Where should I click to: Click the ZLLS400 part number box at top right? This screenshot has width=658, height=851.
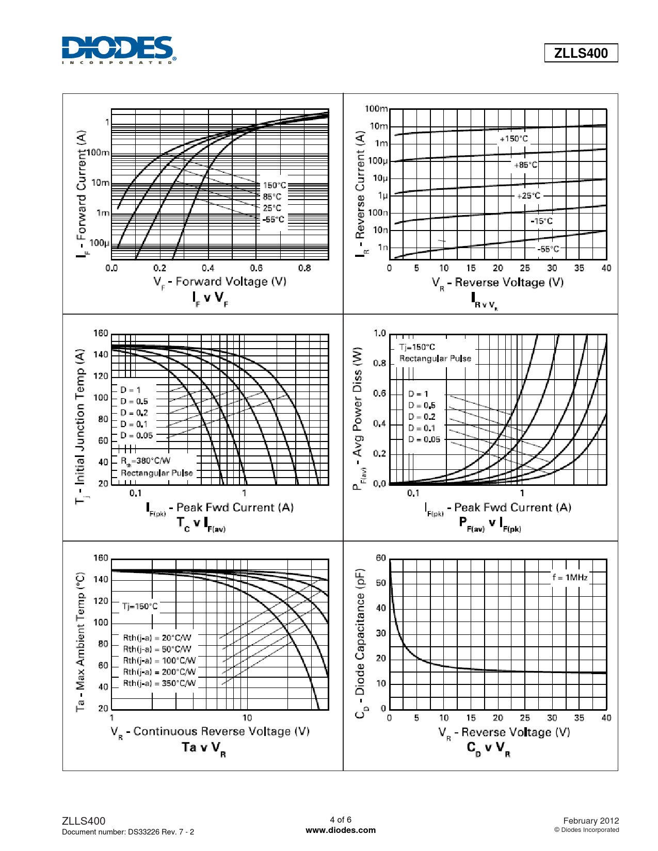(581, 53)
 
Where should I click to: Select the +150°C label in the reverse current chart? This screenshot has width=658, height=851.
(513, 139)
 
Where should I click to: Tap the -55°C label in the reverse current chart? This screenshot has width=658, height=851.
(548, 249)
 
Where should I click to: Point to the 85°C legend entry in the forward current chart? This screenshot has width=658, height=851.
(272, 197)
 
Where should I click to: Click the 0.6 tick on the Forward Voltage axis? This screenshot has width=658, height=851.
(256, 268)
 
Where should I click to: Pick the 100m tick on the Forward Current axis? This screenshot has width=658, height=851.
(98, 153)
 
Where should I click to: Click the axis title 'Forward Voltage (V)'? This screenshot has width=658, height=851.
(220, 282)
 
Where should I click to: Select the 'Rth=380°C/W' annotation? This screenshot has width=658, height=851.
(146, 461)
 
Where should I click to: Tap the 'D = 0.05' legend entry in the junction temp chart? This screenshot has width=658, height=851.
(137, 435)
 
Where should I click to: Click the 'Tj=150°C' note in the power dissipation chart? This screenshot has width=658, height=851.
(417, 347)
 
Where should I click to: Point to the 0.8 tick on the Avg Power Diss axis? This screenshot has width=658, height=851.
(379, 363)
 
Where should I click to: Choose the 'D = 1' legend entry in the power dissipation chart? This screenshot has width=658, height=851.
(418, 394)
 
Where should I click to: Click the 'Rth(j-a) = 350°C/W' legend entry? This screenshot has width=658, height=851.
(159, 683)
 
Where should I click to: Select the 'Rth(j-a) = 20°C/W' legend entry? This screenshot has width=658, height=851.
(157, 638)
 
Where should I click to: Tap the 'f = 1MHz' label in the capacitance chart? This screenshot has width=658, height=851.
(570, 578)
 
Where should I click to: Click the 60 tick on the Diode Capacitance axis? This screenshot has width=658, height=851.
(381, 558)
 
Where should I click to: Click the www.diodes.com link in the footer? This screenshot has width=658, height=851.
(341, 830)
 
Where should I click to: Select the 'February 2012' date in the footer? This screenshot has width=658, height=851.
(591, 821)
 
